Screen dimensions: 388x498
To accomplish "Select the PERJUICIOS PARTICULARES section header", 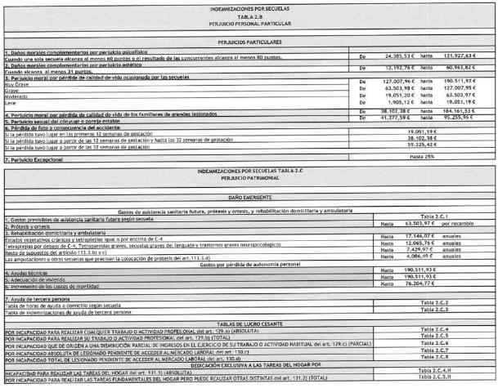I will [249, 40].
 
